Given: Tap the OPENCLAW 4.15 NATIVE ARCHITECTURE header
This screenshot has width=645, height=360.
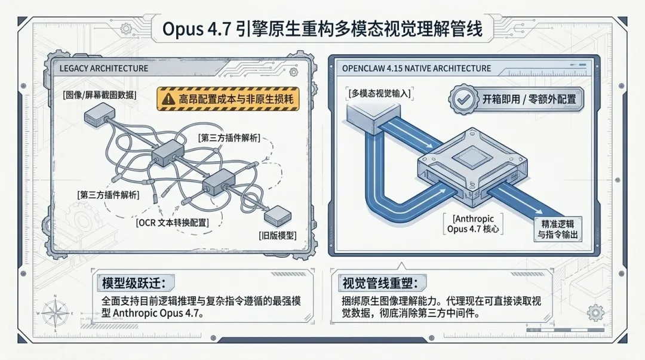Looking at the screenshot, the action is pos(416,68).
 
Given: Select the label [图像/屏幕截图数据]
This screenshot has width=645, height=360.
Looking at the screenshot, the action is pos(99,95).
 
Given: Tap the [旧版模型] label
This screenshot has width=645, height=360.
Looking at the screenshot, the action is pos(278,235).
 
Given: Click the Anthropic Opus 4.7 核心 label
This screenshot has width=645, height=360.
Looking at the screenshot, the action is pos(474,224).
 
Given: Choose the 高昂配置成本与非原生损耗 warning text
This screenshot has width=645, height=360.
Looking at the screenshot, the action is pos(238,99).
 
